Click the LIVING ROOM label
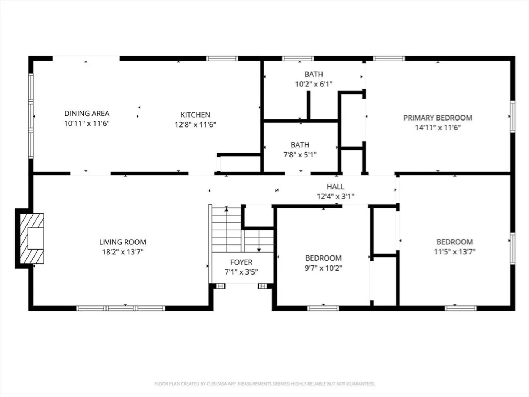(123, 242)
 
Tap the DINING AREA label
(87, 113)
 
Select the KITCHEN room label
(195, 115)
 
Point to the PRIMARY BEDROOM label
(438, 118)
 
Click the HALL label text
(335, 187)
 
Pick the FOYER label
(241, 262)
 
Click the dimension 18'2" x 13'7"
(123, 252)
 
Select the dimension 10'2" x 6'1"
(314, 84)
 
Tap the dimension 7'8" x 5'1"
(300, 155)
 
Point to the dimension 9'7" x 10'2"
(323, 268)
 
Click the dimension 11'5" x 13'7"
(454, 252)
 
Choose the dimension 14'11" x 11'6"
(438, 128)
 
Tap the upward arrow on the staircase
(226, 229)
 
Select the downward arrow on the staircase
(259, 241)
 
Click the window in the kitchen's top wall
(222, 58)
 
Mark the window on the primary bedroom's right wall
(512, 117)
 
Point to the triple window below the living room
(121, 308)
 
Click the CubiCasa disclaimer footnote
(264, 383)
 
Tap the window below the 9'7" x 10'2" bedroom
(323, 308)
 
